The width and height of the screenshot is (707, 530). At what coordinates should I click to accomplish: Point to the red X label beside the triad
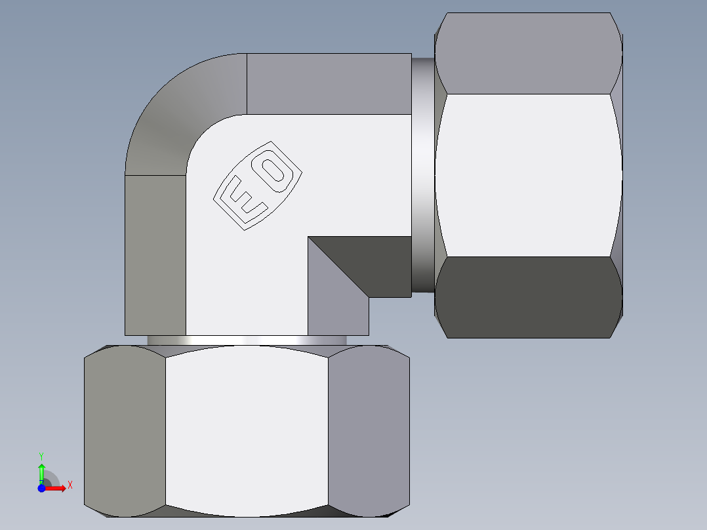[x=70, y=485]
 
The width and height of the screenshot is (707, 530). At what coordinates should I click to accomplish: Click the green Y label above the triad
[x=41, y=455]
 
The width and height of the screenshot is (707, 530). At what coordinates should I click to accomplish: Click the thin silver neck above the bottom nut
[x=247, y=340]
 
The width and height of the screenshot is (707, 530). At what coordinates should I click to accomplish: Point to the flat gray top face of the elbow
[x=328, y=84]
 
